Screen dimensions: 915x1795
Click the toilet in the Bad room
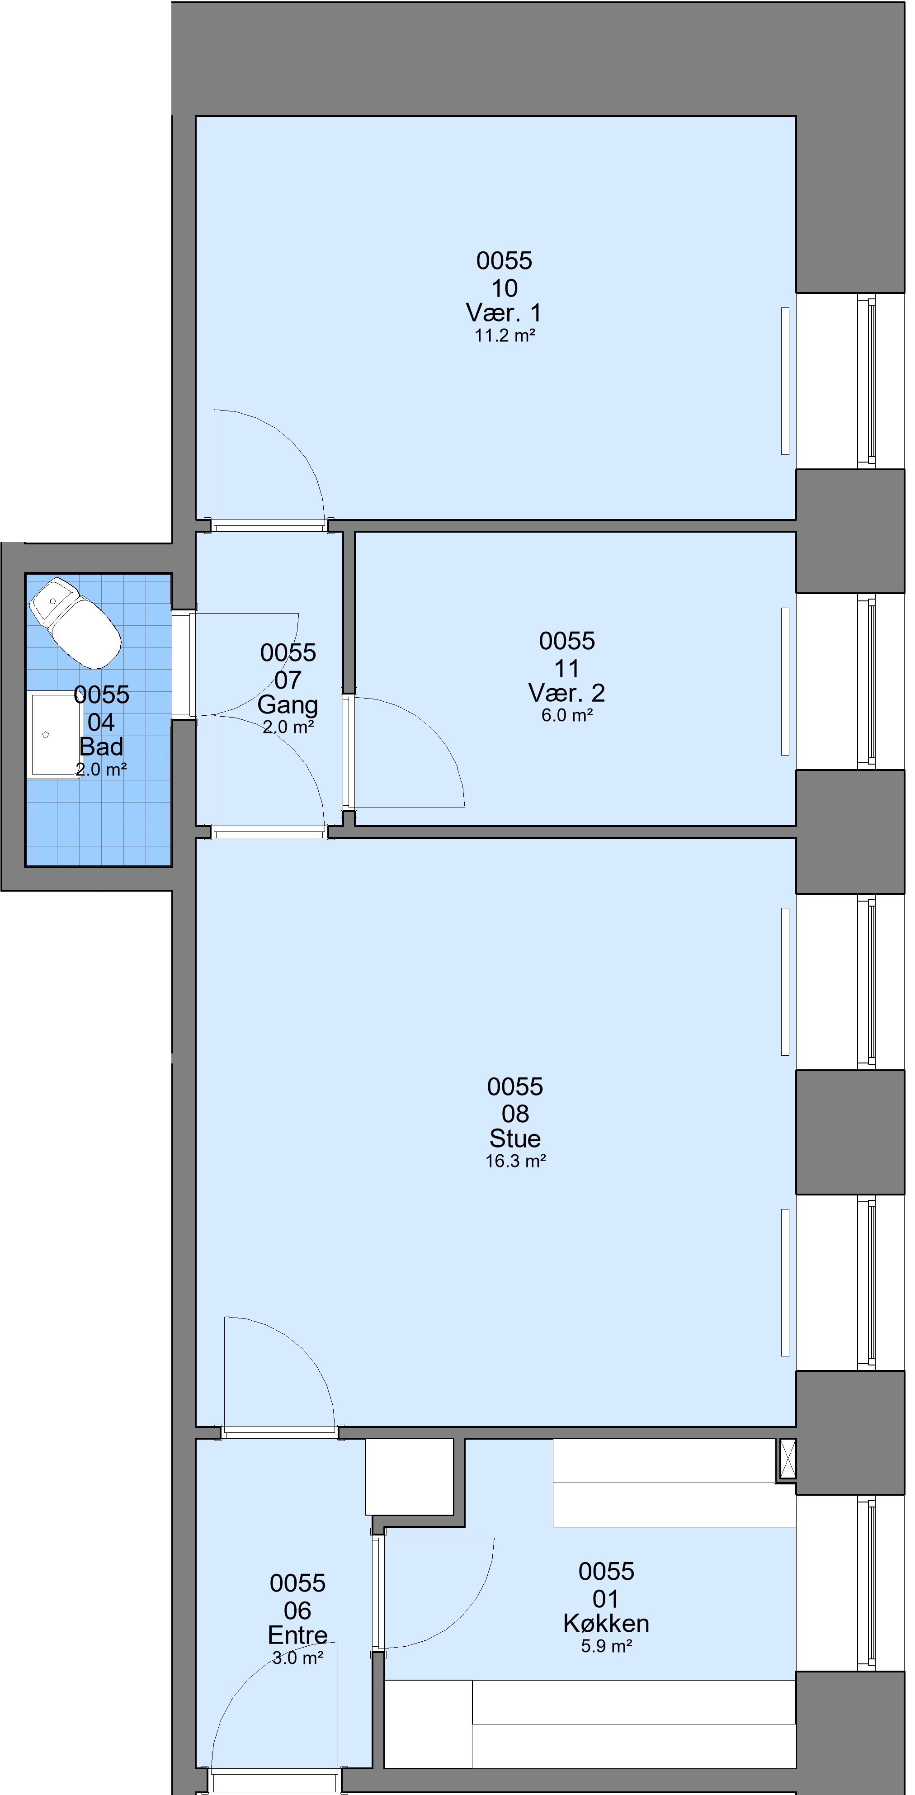coord(75,622)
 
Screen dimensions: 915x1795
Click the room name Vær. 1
coord(504,312)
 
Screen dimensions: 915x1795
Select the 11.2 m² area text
coord(505,335)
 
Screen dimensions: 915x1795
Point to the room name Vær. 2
coord(566,693)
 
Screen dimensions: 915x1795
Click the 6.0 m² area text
coord(566,716)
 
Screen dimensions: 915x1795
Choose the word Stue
coord(515,1138)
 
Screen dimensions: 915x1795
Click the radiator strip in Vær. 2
coord(785,681)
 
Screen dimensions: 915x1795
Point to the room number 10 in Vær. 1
coord(505,288)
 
